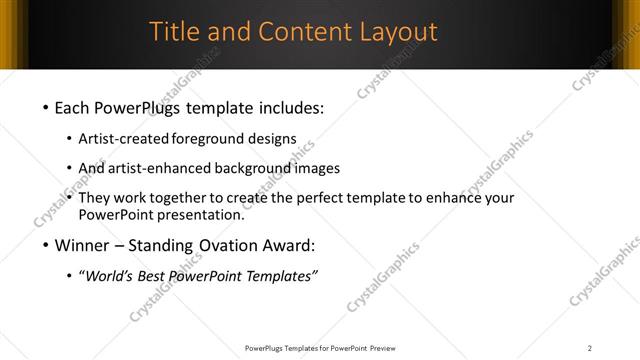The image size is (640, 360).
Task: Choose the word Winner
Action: coord(87,245)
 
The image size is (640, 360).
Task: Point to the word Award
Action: coord(288,245)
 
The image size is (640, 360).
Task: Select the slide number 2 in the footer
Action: coord(590,348)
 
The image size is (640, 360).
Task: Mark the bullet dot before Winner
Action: coord(46,245)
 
